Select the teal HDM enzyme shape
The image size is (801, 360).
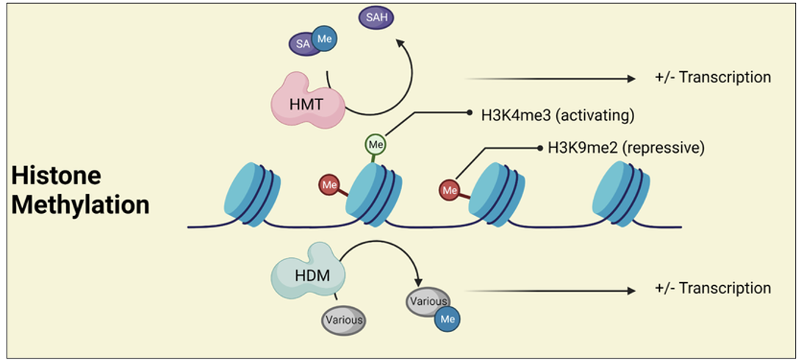coord(307,276)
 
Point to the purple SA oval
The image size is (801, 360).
coord(303,44)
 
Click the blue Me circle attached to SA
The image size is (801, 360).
coord(324,39)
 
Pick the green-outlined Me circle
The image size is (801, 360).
coord(376,145)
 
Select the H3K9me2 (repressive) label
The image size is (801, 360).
coord(626,148)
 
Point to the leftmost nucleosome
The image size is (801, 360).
coord(252,195)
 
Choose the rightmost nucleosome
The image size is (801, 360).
coord(624,193)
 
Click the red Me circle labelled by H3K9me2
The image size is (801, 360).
coord(450,191)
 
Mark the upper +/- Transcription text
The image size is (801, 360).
coord(713,78)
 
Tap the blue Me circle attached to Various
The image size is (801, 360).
coord(448,319)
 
